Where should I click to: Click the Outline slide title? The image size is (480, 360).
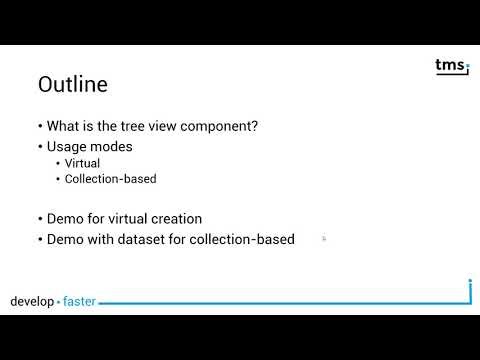[x=72, y=85]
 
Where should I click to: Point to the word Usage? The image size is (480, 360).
[x=68, y=145]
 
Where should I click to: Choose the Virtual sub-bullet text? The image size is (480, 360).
[x=81, y=163]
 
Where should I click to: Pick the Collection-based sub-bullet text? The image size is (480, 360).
[x=110, y=179]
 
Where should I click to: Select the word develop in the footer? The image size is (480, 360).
[x=32, y=301]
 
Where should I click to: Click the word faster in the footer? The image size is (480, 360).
[x=80, y=301]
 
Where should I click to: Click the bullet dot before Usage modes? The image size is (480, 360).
[x=40, y=146]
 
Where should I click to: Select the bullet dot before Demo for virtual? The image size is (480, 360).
[x=40, y=219]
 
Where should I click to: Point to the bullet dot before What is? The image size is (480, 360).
[x=40, y=127]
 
